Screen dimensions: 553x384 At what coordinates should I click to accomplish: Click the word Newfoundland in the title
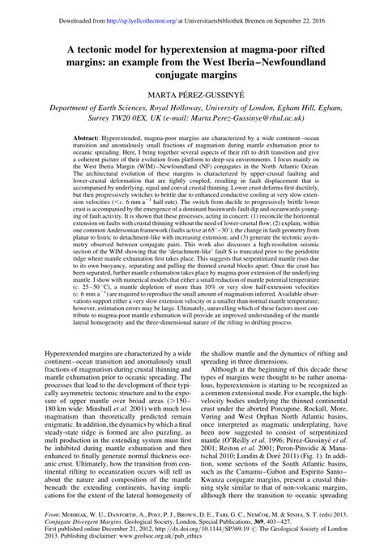301,62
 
